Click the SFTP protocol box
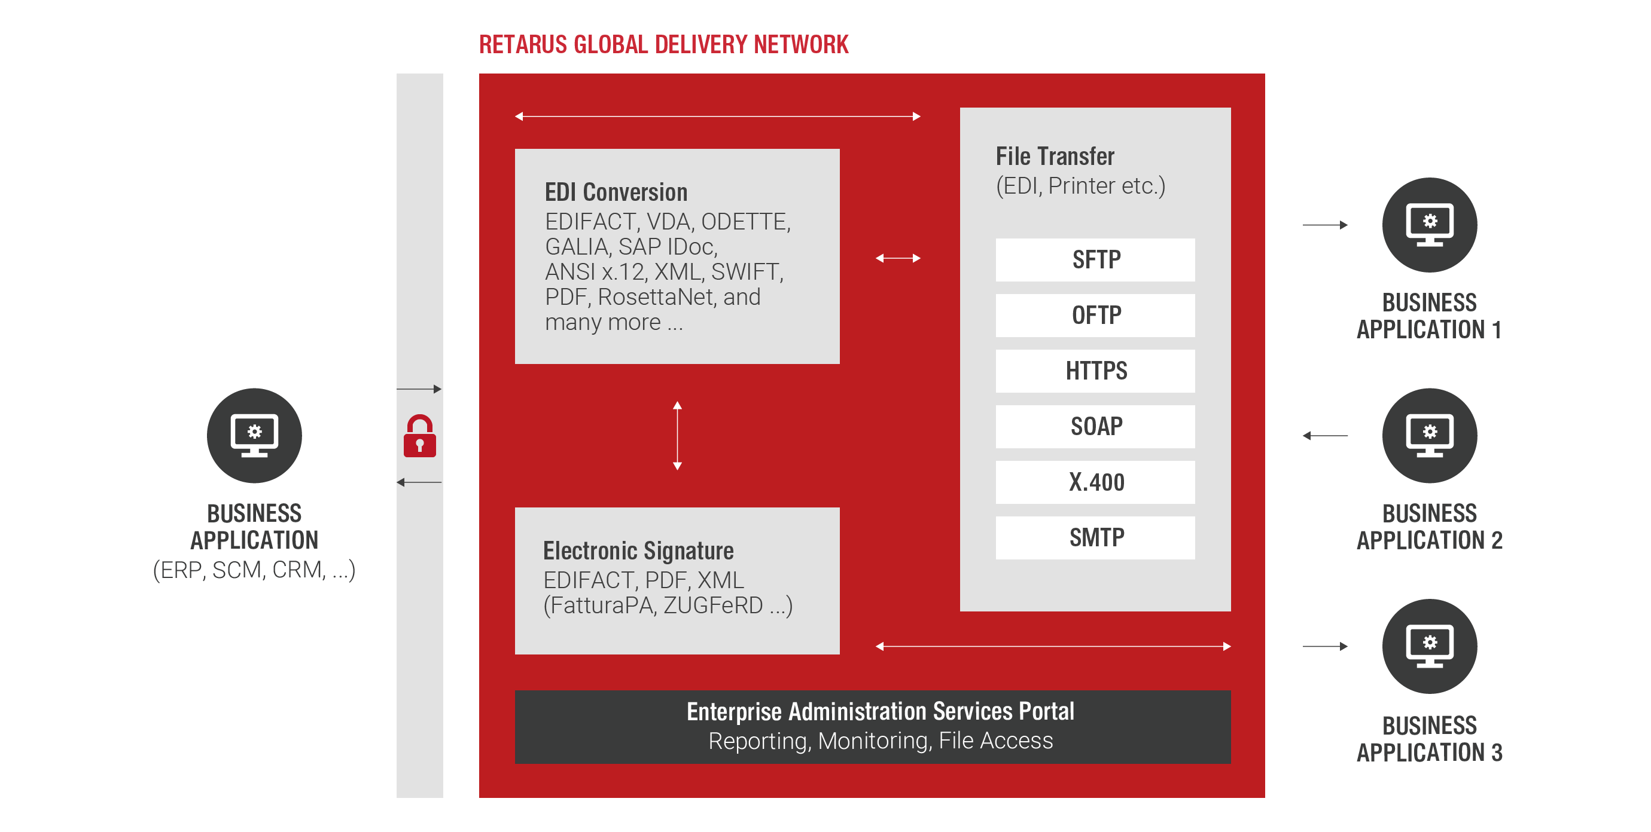point(1095,259)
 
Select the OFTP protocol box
point(1095,315)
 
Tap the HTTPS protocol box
point(1095,371)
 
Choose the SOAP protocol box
point(1095,427)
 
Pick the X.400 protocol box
point(1095,482)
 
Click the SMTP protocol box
point(1095,538)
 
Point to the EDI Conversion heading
point(616,192)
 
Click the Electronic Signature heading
point(638,551)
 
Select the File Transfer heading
point(1055,156)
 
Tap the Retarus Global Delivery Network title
point(663,45)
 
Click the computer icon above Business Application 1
point(1429,225)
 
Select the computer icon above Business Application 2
point(1429,436)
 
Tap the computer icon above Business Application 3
point(1429,646)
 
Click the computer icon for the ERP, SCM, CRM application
point(254,436)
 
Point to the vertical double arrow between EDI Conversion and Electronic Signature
point(677,436)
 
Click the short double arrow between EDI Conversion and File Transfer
point(898,258)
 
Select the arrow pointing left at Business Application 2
point(1325,436)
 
